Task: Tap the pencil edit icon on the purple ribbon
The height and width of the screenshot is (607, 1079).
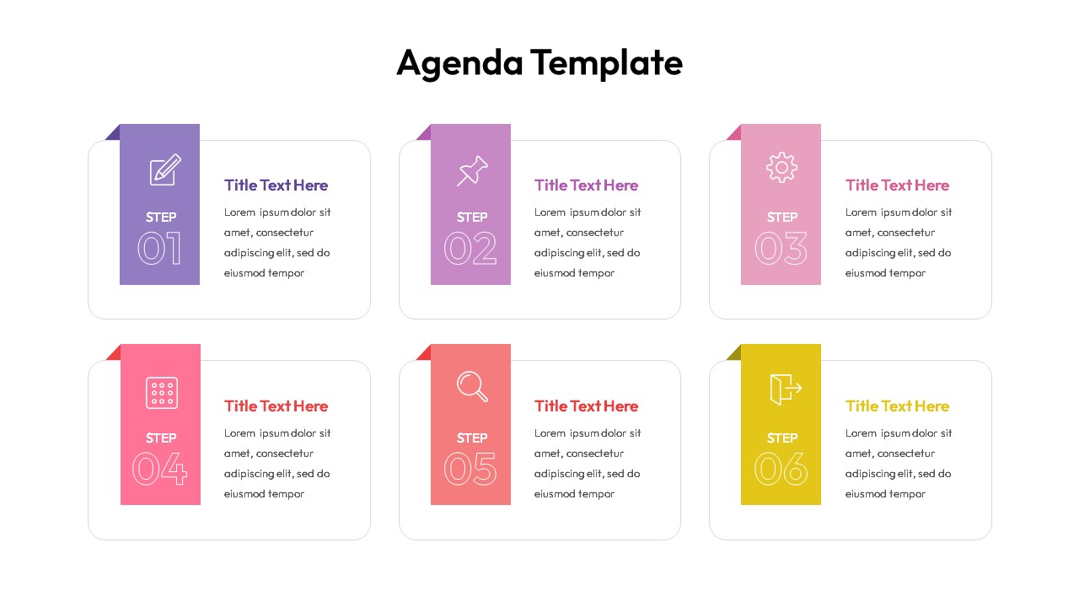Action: tap(164, 169)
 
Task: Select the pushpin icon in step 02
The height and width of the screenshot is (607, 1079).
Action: tap(472, 170)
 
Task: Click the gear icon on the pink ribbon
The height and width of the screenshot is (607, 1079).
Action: tap(781, 167)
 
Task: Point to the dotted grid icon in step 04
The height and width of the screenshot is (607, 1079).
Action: tap(161, 392)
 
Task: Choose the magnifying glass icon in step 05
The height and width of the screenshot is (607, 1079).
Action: tap(472, 387)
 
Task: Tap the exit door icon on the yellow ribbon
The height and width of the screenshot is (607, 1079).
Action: tap(784, 389)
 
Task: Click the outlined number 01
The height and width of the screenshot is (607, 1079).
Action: tap(159, 249)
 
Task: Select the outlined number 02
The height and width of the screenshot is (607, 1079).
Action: tap(470, 249)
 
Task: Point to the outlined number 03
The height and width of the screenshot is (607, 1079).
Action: tap(781, 249)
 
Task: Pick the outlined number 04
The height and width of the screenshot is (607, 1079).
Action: tap(159, 470)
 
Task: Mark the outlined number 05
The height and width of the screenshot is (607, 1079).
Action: tap(470, 470)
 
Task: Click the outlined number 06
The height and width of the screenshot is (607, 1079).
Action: tap(781, 470)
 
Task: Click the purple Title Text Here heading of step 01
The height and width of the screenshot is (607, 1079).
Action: tap(276, 185)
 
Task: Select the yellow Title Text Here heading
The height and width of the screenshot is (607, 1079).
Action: tap(897, 406)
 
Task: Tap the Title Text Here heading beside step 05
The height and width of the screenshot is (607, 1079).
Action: tap(586, 406)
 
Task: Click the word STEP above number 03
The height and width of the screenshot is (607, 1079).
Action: tap(782, 218)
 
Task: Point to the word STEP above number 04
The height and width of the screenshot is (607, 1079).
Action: tap(161, 438)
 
